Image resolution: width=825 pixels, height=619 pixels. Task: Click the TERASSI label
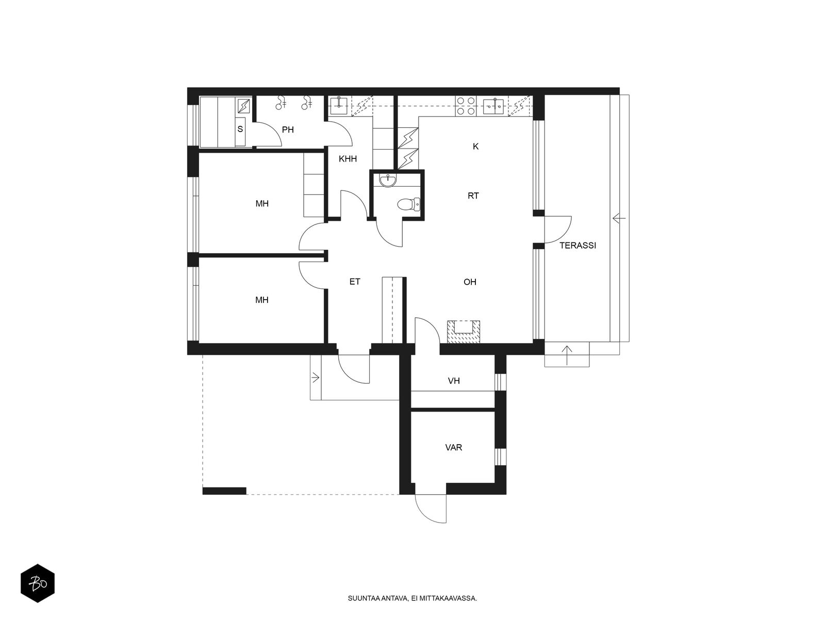[x=577, y=246]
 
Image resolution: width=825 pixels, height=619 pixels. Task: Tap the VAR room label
[x=453, y=447]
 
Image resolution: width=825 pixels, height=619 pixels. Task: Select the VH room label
[x=454, y=381]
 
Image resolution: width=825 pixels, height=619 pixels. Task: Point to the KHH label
[x=348, y=159]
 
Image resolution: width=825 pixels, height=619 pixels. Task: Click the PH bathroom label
[x=288, y=129]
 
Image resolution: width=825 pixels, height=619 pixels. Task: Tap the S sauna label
[x=240, y=129]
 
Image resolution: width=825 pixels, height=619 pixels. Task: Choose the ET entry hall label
[x=355, y=282]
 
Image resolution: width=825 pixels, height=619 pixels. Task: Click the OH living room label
[x=470, y=282]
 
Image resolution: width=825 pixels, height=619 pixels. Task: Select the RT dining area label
[x=473, y=196]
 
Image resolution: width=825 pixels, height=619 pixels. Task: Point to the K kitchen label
[x=475, y=146]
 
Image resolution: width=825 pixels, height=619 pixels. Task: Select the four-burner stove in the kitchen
[x=466, y=106]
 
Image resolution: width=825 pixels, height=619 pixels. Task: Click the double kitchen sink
[x=493, y=106]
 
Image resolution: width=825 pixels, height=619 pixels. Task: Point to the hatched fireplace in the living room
[x=464, y=332]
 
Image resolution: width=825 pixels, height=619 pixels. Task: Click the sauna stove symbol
[x=243, y=106]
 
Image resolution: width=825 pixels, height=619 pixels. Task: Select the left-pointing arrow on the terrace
[x=619, y=218]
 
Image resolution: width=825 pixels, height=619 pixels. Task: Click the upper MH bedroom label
[x=262, y=204]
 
